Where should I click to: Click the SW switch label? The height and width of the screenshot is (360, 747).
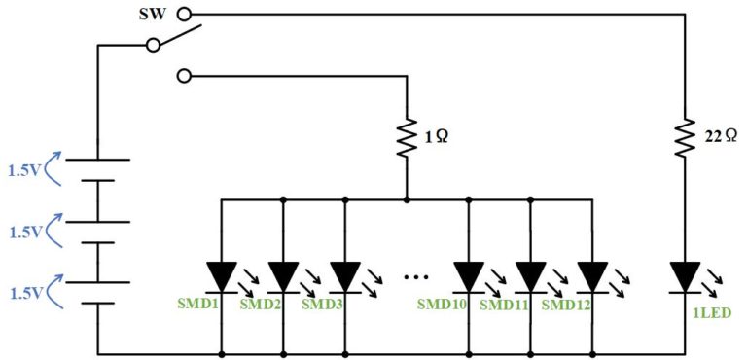pos(153,15)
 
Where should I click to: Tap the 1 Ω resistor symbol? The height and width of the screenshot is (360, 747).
pos(407,138)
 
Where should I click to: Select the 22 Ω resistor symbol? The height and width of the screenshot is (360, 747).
pos(685,138)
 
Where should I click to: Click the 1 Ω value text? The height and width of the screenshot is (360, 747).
pos(437,138)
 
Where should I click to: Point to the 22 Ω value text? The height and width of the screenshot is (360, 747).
pos(720,138)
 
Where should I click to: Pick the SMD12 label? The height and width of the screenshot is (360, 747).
pos(565,305)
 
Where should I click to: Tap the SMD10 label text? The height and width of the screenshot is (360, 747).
pos(442,305)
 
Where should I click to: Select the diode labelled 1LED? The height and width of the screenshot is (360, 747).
pos(685,277)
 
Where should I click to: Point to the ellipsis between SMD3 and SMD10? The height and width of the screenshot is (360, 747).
pos(416,276)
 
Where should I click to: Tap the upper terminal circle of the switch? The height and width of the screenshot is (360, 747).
pos(184,15)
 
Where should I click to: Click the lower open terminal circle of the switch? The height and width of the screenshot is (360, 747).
pos(184,75)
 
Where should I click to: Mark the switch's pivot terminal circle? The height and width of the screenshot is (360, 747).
pos(153,46)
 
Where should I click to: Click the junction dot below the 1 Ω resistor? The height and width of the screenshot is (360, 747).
pos(407,198)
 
